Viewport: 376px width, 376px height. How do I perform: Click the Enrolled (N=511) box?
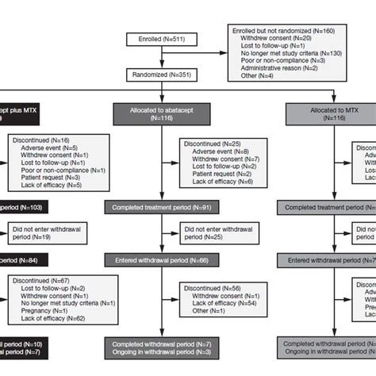(x=162, y=39)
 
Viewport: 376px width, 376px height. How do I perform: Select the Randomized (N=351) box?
(x=162, y=76)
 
